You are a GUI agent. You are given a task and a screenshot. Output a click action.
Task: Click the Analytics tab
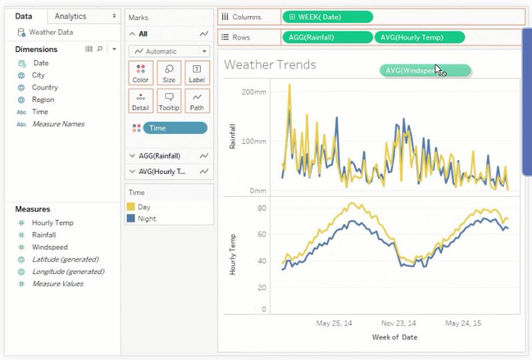[70, 16]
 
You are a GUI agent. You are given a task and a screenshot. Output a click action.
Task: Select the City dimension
[38, 75]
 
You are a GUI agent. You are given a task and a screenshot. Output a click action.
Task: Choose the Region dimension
[43, 100]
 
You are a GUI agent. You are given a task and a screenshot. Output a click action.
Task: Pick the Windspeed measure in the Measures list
[49, 247]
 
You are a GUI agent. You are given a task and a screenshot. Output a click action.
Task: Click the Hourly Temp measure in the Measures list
[52, 223]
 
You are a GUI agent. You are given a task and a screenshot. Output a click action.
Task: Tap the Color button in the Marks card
[141, 73]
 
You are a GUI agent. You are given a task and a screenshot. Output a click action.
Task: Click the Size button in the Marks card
[169, 73]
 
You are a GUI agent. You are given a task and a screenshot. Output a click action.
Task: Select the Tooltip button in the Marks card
[169, 101]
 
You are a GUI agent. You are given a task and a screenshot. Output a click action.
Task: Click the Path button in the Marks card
[197, 101]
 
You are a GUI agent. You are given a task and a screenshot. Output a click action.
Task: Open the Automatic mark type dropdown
[169, 51]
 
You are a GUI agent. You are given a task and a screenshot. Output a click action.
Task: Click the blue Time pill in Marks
[175, 128]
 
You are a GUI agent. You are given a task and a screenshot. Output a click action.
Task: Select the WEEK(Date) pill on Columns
[327, 17]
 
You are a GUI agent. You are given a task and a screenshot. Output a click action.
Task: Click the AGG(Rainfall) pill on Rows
[327, 37]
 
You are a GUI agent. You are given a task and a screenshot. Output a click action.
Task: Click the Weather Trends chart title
[270, 65]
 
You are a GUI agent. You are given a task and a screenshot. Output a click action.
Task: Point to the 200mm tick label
[254, 91]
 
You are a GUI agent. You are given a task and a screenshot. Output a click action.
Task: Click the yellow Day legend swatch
[131, 207]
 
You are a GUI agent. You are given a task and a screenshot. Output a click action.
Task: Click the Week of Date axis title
[395, 337]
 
